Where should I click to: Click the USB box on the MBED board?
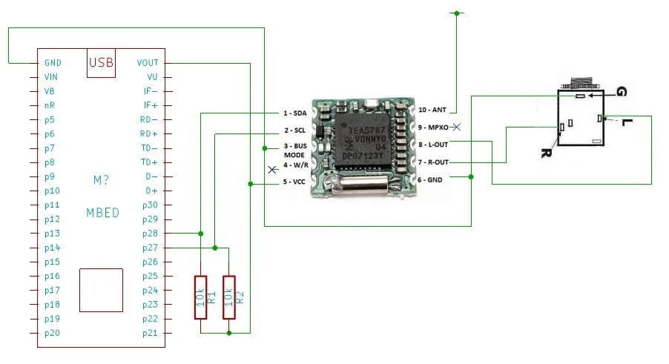point(101,63)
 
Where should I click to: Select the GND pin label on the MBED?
point(53,63)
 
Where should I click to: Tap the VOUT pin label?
point(147,63)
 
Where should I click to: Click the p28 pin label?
point(150,234)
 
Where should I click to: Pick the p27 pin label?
point(150,248)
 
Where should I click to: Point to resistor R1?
point(200,297)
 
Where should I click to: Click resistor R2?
point(228,297)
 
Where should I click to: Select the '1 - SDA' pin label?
point(294,113)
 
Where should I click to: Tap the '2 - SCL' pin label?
point(294,130)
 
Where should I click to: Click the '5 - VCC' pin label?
point(294,181)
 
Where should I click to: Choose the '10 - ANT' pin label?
point(432,110)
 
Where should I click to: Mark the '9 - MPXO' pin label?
point(433,128)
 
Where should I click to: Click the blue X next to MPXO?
point(458,128)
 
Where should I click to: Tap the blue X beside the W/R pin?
point(272,170)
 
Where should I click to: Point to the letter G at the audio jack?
point(621,92)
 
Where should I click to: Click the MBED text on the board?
point(102,213)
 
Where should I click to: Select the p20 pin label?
point(51,333)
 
